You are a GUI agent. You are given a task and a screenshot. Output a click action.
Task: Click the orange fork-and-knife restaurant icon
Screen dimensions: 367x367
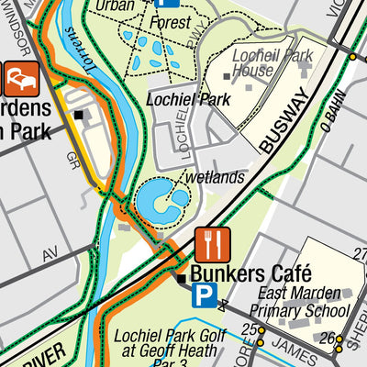click(x=213, y=245)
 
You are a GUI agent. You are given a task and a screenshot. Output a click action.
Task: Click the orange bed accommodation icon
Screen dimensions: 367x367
click(x=18, y=79)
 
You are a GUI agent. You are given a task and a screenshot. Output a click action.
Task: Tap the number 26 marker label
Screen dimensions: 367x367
click(x=326, y=338)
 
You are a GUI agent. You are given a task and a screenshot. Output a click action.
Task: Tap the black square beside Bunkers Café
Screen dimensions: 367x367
click(x=182, y=277)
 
